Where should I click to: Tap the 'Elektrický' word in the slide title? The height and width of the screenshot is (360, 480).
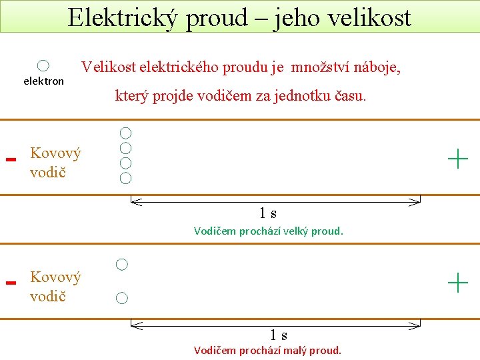click(x=123, y=17)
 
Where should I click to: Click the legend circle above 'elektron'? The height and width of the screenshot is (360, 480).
click(x=43, y=65)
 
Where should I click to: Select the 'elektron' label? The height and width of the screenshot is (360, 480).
click(x=44, y=81)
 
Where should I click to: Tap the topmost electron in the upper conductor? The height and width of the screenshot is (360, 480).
click(x=125, y=133)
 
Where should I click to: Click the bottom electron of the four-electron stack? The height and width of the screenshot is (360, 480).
click(x=125, y=178)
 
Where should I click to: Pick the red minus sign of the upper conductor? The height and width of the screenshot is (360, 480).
click(x=10, y=160)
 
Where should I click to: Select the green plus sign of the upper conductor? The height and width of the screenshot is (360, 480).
click(x=458, y=159)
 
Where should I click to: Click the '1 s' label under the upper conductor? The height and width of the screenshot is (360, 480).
click(x=268, y=213)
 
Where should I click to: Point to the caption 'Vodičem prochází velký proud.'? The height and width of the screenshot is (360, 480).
click(x=268, y=231)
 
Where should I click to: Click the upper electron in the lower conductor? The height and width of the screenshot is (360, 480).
click(x=122, y=265)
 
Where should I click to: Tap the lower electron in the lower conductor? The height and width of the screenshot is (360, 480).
click(x=121, y=298)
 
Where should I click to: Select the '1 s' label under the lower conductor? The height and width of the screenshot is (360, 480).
click(x=279, y=335)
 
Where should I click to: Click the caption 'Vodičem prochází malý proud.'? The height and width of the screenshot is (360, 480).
click(x=267, y=350)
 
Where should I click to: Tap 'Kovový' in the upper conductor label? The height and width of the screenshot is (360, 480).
click(x=55, y=153)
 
